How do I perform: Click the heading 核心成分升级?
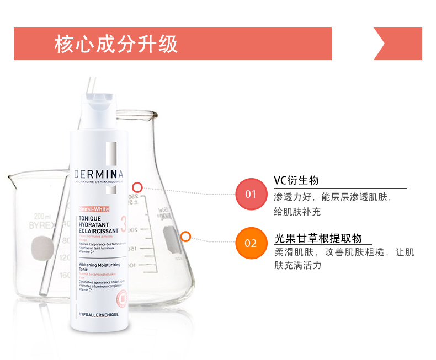(x=116, y=44)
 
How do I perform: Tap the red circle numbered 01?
(x=251, y=194)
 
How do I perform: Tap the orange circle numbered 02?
(x=251, y=243)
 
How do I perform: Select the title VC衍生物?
(x=296, y=181)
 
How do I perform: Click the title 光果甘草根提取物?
(x=318, y=238)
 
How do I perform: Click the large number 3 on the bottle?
(x=123, y=224)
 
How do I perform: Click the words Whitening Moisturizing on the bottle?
(x=99, y=265)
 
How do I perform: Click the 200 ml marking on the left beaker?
(x=42, y=216)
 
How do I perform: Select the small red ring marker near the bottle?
(x=137, y=187)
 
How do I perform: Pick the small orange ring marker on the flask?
(x=185, y=237)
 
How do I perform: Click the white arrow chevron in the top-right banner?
(x=381, y=44)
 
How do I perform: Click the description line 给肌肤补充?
(x=297, y=212)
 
